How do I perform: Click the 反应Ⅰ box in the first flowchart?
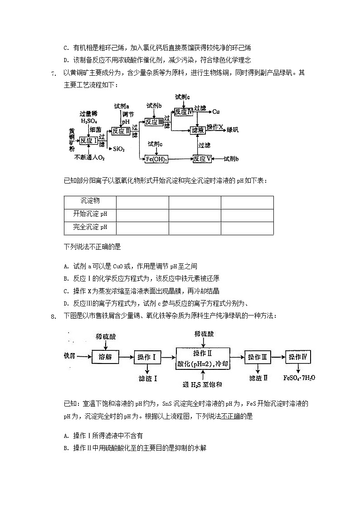click(89, 141)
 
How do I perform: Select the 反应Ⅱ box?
click(121, 131)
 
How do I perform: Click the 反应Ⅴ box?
click(202, 159)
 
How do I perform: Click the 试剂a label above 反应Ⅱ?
click(122, 106)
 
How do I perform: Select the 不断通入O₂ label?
click(90, 158)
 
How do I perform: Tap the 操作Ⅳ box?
click(298, 357)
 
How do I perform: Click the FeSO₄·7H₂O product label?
click(299, 378)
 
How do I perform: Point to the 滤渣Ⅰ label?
click(147, 378)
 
